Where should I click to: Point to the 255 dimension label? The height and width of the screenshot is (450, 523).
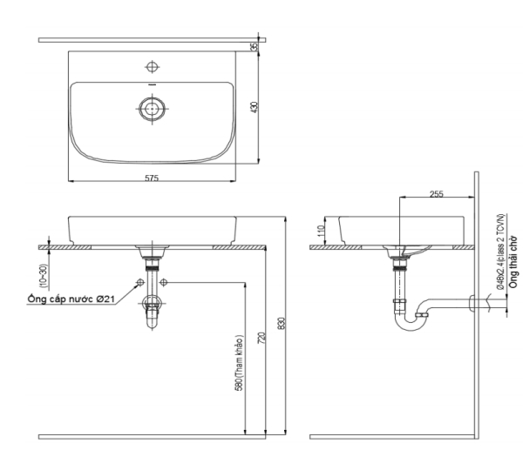(x=435, y=193)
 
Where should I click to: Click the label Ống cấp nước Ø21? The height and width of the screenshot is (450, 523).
(x=68, y=299)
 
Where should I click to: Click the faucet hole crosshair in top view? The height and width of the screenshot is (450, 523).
(x=153, y=67)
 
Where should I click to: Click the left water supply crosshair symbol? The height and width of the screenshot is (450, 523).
(x=139, y=283)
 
